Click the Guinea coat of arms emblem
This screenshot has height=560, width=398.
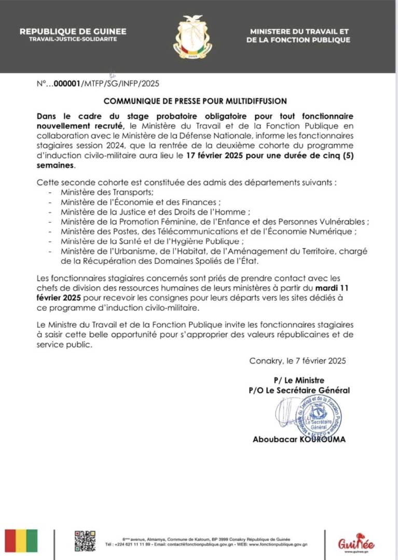pyautogui.click(x=193, y=36)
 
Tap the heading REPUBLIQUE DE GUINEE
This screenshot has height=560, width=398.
pyautogui.click(x=73, y=32)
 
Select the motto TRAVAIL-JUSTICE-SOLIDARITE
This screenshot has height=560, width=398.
pyautogui.click(x=73, y=39)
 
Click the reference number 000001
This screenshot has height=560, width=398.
pyautogui.click(x=67, y=83)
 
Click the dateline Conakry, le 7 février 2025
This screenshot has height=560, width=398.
pyautogui.click(x=297, y=361)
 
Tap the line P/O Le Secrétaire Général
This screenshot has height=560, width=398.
pyautogui.click(x=299, y=390)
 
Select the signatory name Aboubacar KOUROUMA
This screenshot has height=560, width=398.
pyautogui.click(x=299, y=440)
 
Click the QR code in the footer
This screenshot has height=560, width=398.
pyautogui.click(x=85, y=541)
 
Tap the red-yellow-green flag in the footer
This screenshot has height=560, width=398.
pyautogui.click(x=21, y=541)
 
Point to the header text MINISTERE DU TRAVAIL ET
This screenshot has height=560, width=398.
pyautogui.click(x=299, y=32)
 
